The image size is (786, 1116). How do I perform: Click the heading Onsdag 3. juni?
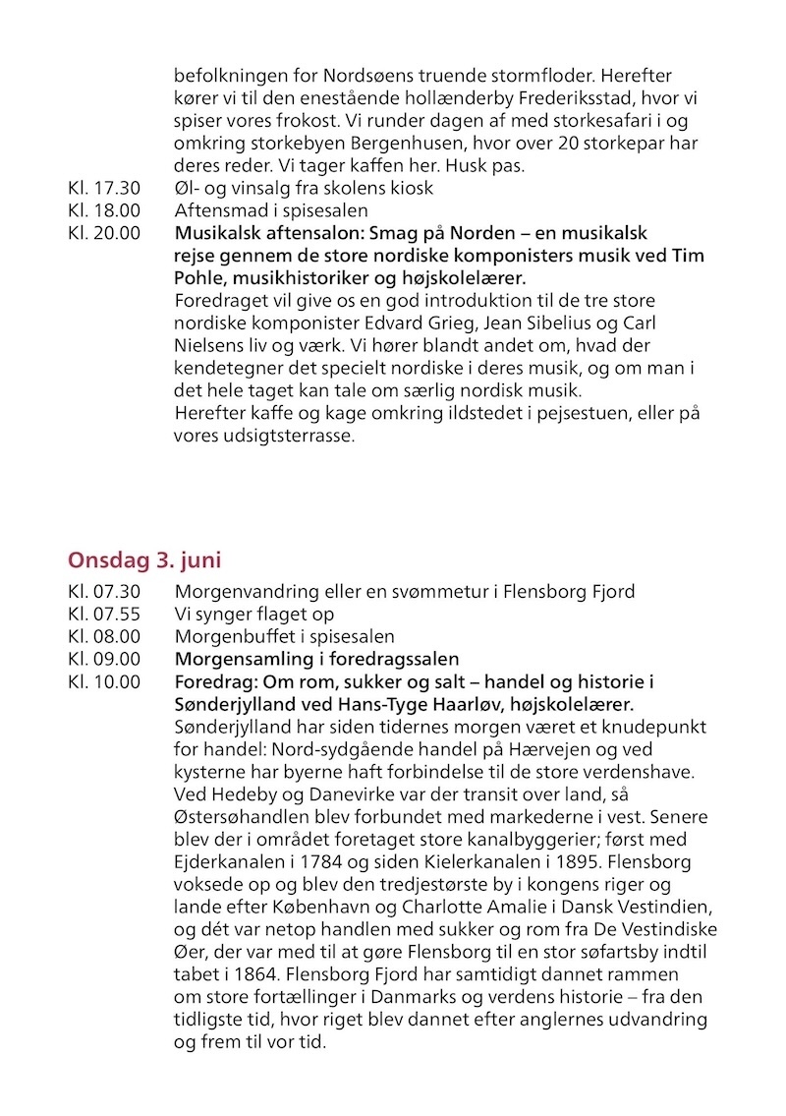144,560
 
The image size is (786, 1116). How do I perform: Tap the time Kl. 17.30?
105,188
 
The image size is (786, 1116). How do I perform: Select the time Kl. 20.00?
105,233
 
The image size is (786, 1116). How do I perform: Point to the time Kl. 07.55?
105,614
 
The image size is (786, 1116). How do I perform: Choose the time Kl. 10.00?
105,681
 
